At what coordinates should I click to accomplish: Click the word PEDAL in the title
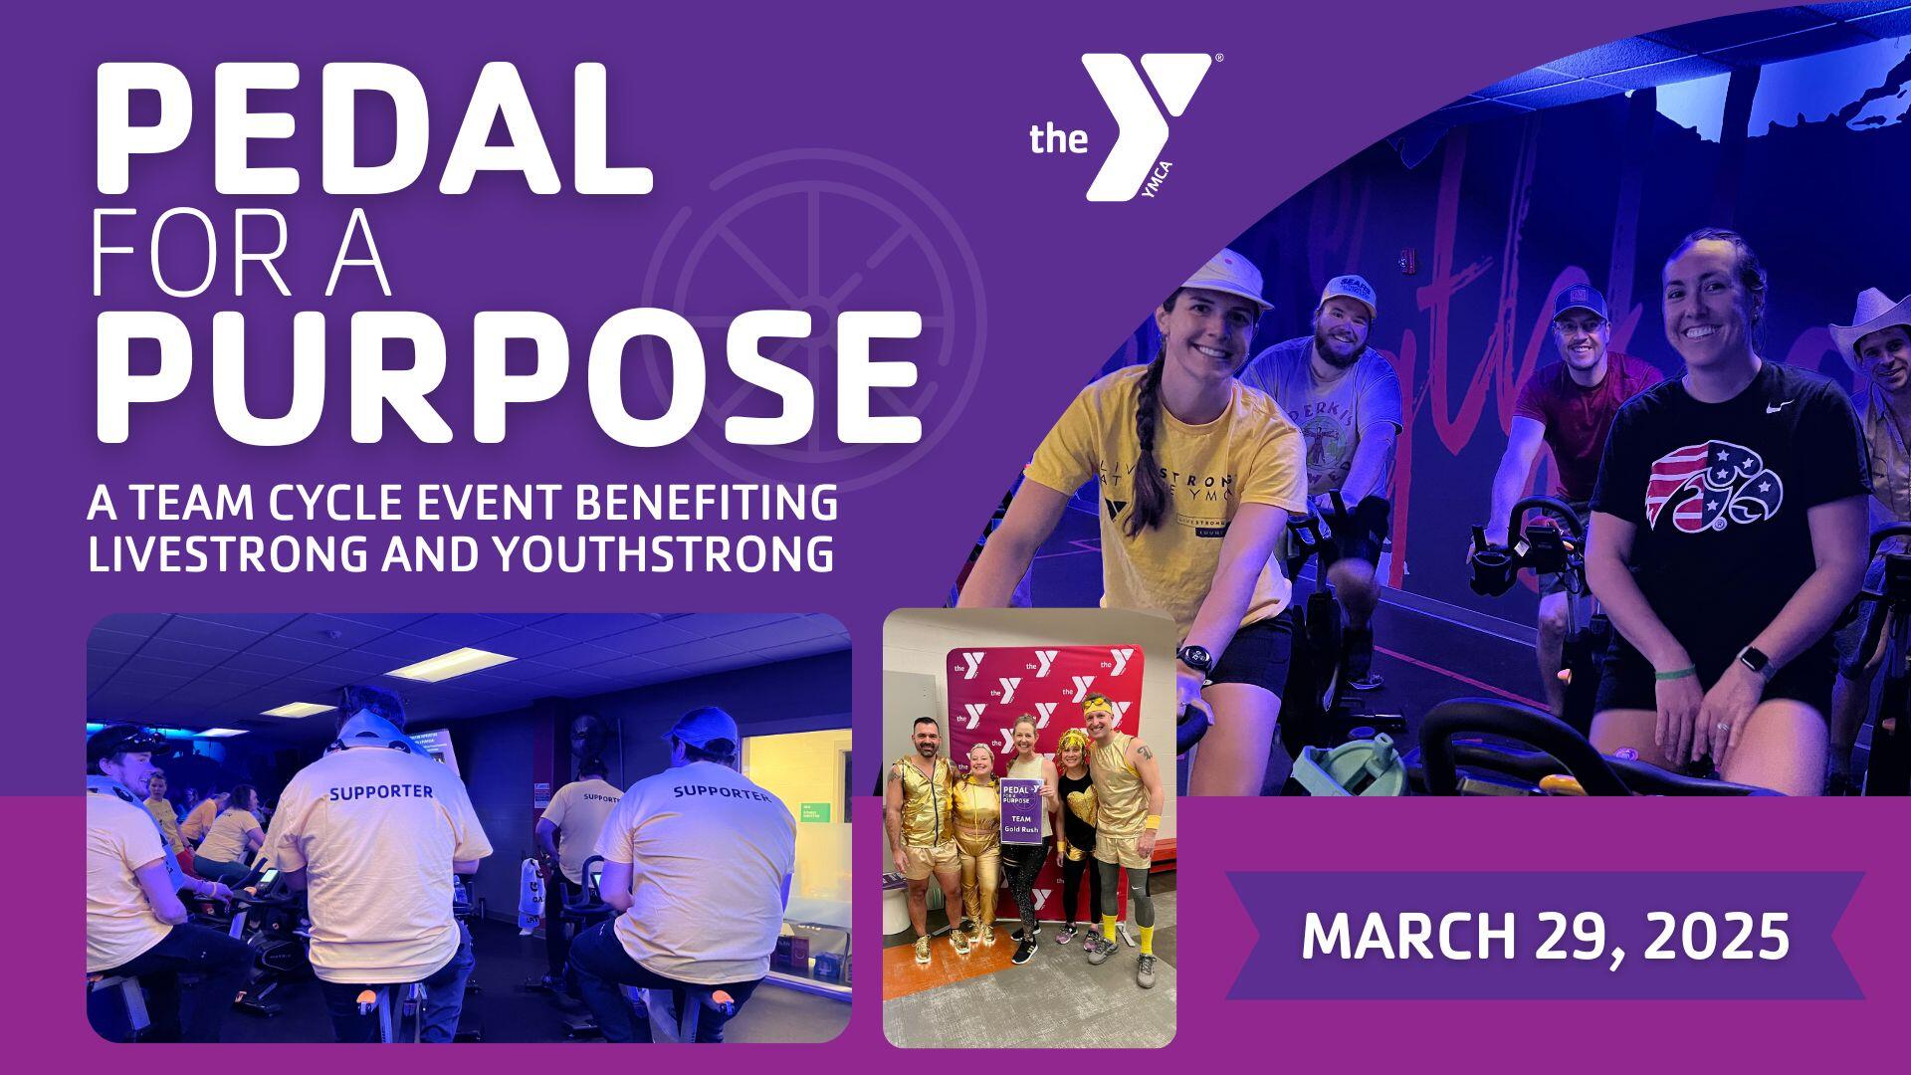click(x=373, y=129)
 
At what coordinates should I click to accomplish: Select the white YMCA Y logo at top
click(x=1145, y=124)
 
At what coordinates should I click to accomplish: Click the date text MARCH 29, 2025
click(x=1545, y=936)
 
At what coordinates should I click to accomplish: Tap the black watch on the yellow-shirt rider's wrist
click(x=1194, y=658)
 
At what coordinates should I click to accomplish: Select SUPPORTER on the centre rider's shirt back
click(x=381, y=792)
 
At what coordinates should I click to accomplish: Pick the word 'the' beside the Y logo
click(x=1058, y=139)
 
